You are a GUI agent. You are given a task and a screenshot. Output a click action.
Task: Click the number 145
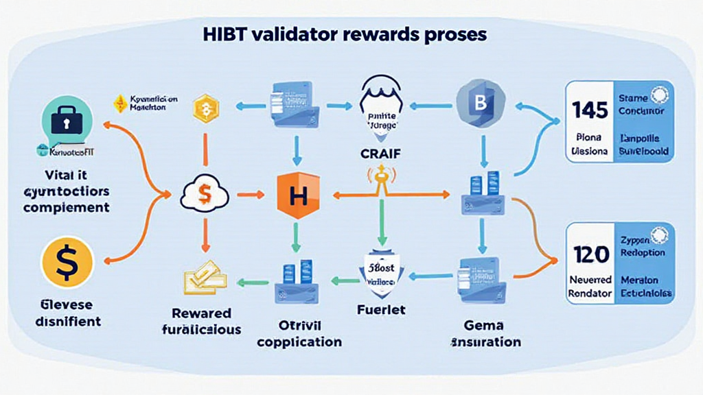[x=590, y=110]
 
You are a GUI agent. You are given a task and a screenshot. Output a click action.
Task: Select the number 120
[x=590, y=254]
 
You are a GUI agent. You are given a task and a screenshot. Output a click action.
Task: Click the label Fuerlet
[x=382, y=310]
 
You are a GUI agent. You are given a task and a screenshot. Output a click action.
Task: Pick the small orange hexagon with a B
[x=205, y=108]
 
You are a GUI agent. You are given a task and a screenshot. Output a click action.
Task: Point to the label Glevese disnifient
[x=66, y=312]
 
